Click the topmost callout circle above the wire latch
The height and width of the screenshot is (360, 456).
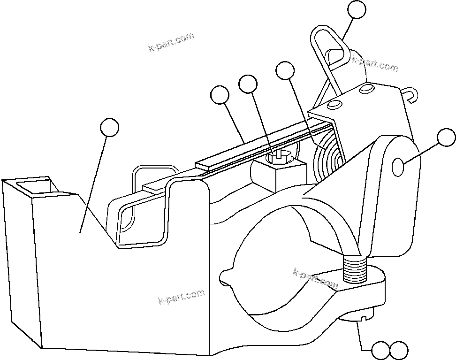tap(357, 10)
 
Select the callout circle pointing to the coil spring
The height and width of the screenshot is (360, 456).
tap(285, 71)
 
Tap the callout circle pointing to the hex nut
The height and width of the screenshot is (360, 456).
tap(248, 85)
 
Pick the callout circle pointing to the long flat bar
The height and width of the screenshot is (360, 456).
tap(220, 95)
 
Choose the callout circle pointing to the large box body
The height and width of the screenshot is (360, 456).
tap(110, 127)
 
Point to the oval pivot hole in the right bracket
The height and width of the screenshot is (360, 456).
tap(397, 167)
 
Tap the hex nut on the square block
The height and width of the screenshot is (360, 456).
tap(280, 156)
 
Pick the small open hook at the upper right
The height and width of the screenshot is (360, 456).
tap(410, 95)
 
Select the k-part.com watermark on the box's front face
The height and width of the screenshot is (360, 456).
tap(182, 297)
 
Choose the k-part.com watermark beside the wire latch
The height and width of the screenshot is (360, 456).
tap(375, 64)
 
